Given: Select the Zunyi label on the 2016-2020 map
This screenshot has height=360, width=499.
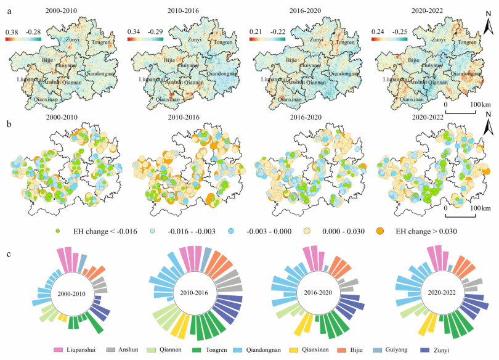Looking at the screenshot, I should (315, 39).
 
